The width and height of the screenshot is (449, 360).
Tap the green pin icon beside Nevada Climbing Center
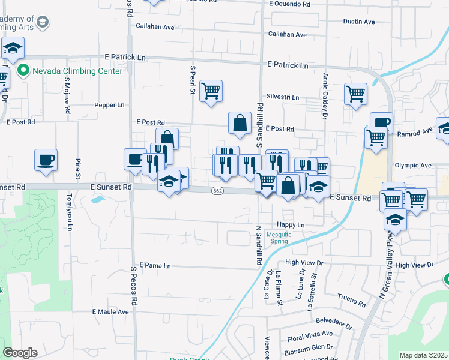pyautogui.click(x=23, y=71)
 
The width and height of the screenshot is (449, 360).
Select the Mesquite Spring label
pyautogui.click(x=278, y=238)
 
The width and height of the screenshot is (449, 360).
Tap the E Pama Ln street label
pyautogui.click(x=155, y=265)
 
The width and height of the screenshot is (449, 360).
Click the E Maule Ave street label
pyautogui.click(x=110, y=312)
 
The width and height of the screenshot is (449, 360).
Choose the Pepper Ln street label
pyautogui.click(x=109, y=105)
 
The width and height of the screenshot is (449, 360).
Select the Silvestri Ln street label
pyautogui.click(x=283, y=97)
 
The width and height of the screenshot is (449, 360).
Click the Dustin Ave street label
pyautogui.click(x=359, y=22)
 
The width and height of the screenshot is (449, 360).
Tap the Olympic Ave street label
pyautogui.click(x=413, y=165)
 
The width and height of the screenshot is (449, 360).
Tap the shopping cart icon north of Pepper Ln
pyautogui.click(x=211, y=91)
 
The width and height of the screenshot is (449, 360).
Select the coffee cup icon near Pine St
pyautogui.click(x=46, y=160)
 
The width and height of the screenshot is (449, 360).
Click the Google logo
pyautogui.click(x=20, y=353)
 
